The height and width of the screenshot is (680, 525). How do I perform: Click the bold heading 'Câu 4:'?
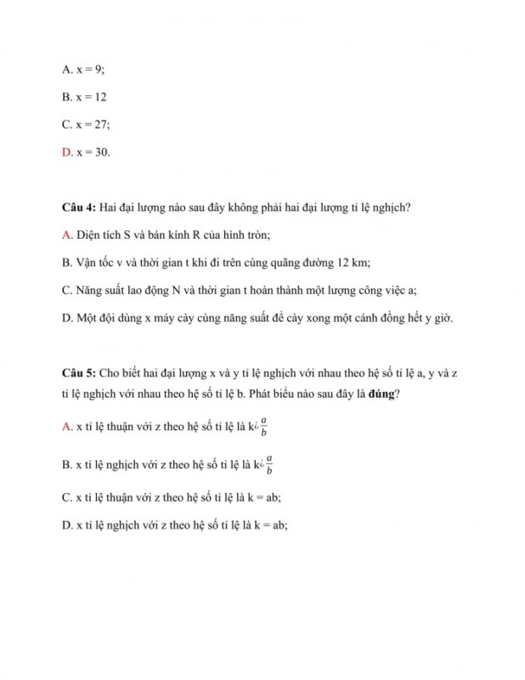click(79, 207)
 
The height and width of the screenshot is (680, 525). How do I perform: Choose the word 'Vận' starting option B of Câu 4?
click(86, 263)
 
